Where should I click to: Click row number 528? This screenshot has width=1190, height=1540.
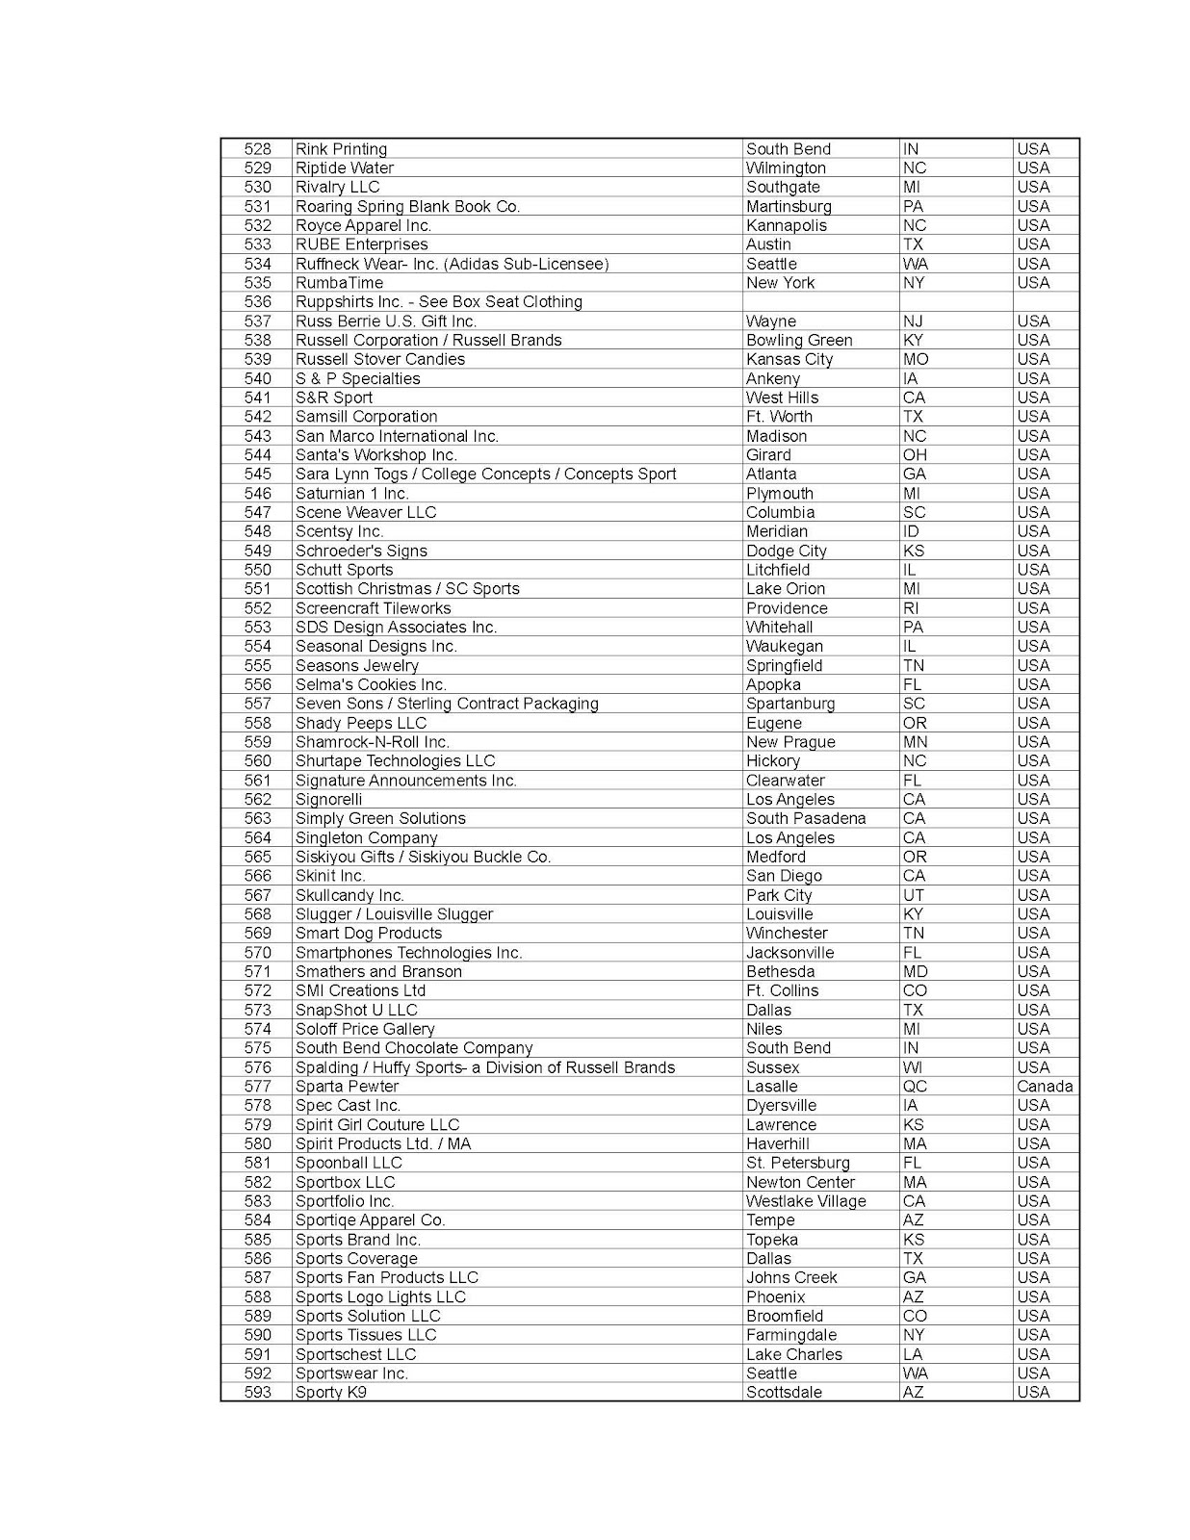[x=257, y=149]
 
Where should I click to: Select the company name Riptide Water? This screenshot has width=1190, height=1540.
[x=344, y=168]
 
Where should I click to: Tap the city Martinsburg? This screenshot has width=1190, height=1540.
[x=788, y=206]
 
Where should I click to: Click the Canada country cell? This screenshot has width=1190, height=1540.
[x=1045, y=1087]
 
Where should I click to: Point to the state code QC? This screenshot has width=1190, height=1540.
[x=914, y=1087]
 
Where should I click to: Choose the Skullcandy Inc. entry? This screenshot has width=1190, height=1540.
[x=349, y=895]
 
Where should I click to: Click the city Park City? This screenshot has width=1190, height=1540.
[x=778, y=895]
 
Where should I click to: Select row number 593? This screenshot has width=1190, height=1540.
[x=257, y=1393]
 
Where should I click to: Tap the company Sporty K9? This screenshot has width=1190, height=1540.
[x=330, y=1393]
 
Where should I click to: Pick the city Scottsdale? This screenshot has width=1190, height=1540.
[x=784, y=1393]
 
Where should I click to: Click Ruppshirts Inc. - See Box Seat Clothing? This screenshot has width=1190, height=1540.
[x=438, y=302]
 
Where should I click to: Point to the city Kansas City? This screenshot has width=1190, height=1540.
[x=789, y=359]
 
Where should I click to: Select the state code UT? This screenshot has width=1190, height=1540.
[x=913, y=895]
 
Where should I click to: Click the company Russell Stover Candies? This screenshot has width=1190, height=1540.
[x=379, y=359]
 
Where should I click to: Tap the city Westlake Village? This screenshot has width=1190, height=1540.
[x=805, y=1201]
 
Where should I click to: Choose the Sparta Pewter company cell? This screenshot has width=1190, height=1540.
[x=347, y=1087]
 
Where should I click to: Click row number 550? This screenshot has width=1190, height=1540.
[x=257, y=570]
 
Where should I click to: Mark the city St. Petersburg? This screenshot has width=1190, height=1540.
[x=797, y=1163]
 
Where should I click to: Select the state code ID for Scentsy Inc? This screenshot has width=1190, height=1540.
[x=910, y=531]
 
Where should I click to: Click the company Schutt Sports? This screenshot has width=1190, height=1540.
[x=344, y=570]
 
